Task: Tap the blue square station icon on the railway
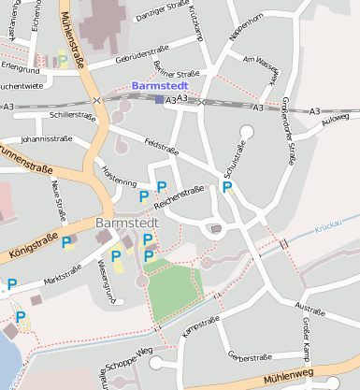[x=159, y=99]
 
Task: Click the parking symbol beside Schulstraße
[x=226, y=188]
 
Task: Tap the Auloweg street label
[x=335, y=120]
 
